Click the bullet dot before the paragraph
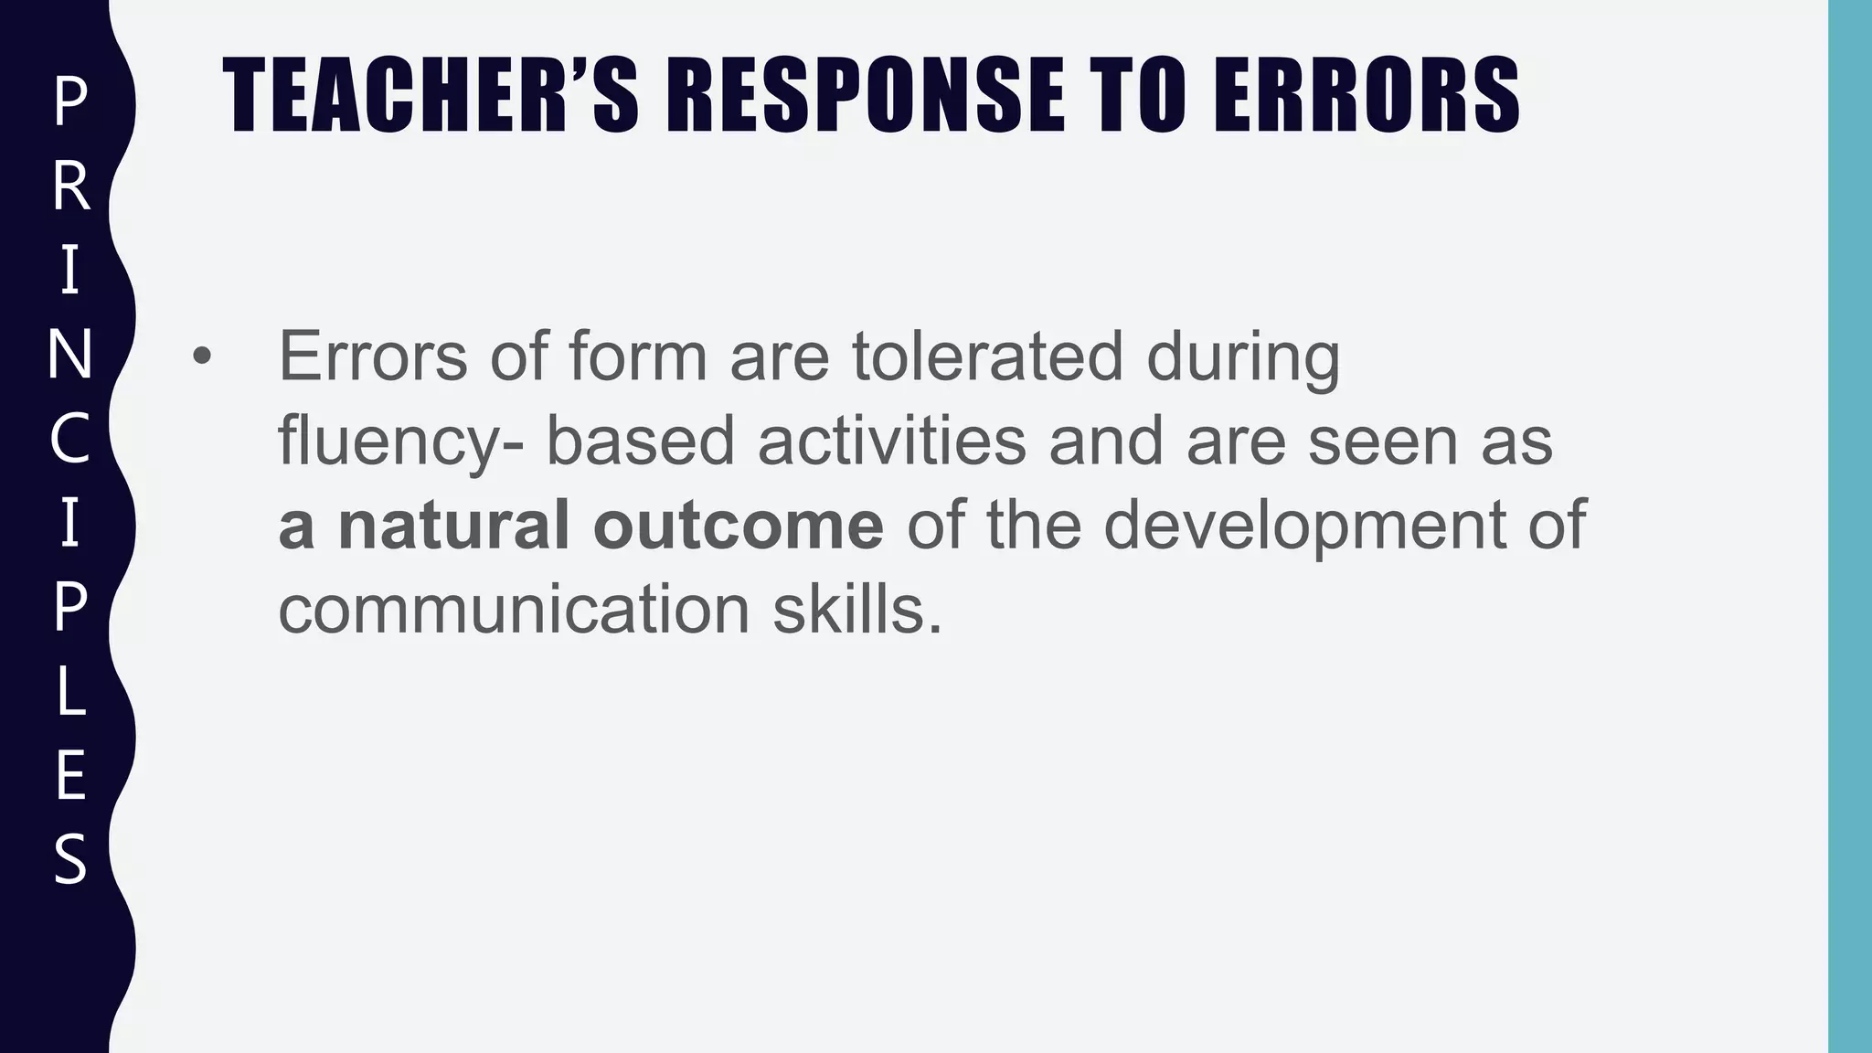tap(201, 357)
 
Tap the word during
tap(1243, 357)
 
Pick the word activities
tap(891, 440)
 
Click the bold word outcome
tap(738, 525)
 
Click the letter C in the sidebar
tap(69, 438)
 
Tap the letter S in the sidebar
tap(69, 858)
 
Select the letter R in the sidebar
tap(69, 186)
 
